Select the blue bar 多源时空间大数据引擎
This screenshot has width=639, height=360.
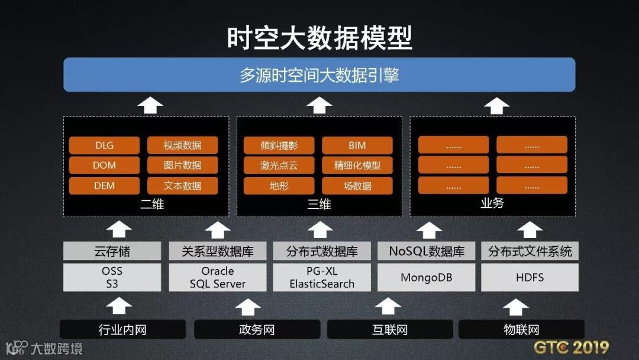pos(319,75)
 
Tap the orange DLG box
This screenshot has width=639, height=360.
pos(104,146)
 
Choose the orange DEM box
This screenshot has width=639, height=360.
pos(104,186)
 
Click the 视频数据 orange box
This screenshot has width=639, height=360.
pos(182,146)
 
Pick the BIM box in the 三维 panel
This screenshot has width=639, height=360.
pos(357,146)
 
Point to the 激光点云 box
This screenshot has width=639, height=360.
pos(279,166)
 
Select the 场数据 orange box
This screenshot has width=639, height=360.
pos(357,186)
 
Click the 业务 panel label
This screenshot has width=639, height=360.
pos(492,204)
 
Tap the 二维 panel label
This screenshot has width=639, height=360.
pos(146,205)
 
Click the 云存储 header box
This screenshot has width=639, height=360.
pos(112,251)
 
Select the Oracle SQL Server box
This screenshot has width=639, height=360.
pos(218,277)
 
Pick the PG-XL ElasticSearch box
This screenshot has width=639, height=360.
pos(322,277)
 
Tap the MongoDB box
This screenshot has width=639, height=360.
pos(426,277)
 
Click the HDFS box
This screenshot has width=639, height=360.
pos(530,277)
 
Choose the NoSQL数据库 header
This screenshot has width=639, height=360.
pos(426,251)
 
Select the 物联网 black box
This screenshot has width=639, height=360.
pos(521,329)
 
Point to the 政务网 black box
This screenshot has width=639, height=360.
pos(257,329)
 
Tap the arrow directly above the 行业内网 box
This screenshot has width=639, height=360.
pos(122,306)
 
